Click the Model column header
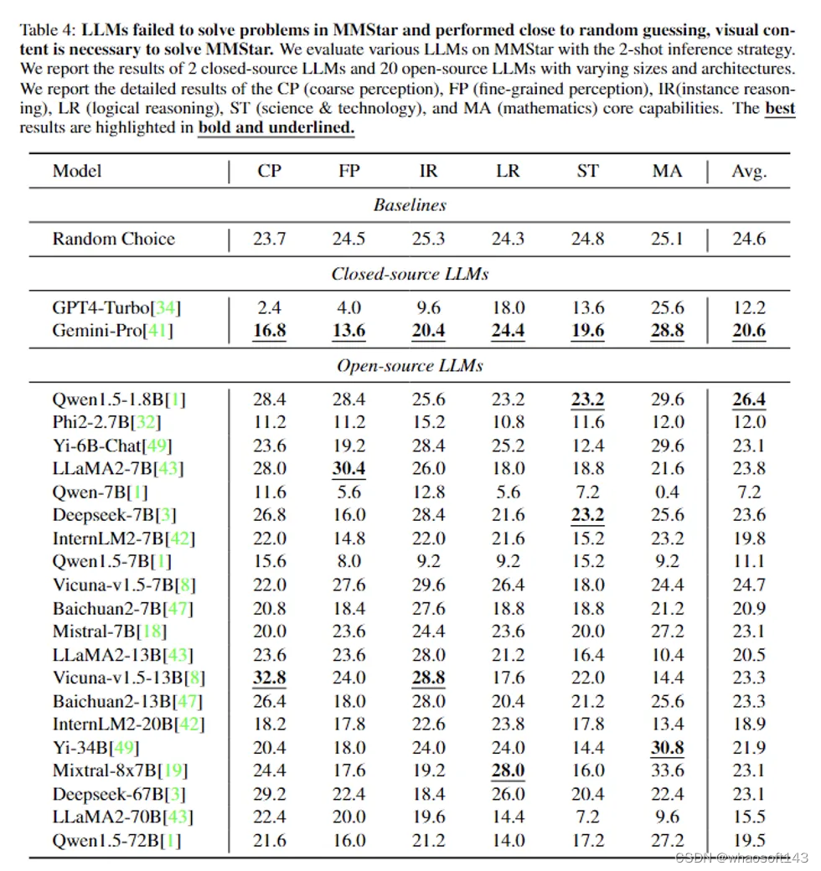pyautogui.click(x=77, y=171)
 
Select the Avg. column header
pyautogui.click(x=749, y=171)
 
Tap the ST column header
pyautogui.click(x=588, y=171)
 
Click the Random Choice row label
pyautogui.click(x=114, y=239)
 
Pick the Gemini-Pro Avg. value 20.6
pyautogui.click(x=749, y=330)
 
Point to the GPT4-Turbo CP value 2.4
pyautogui.click(x=269, y=307)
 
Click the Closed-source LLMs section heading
pyautogui.click(x=410, y=274)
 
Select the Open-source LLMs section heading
pyautogui.click(x=410, y=365)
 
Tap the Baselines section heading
pyautogui.click(x=410, y=204)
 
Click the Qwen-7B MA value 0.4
pyautogui.click(x=668, y=492)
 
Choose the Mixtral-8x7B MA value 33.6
pyautogui.click(x=668, y=770)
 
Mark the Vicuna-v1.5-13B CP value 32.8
pyautogui.click(x=269, y=678)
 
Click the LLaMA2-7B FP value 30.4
pyautogui.click(x=349, y=468)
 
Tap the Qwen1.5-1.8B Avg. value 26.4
pyautogui.click(x=749, y=399)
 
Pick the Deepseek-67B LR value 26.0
pyautogui.click(x=508, y=794)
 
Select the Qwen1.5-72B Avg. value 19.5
pyautogui.click(x=749, y=840)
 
